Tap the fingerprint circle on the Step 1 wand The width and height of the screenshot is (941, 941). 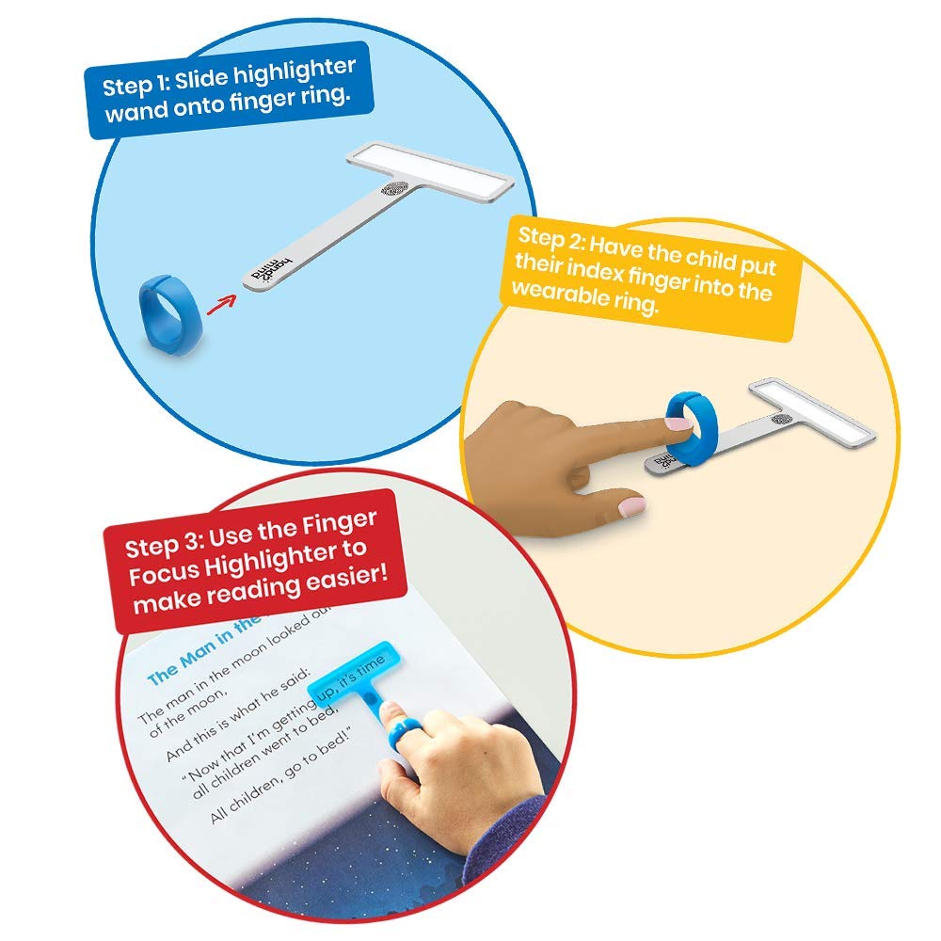tap(395, 189)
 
